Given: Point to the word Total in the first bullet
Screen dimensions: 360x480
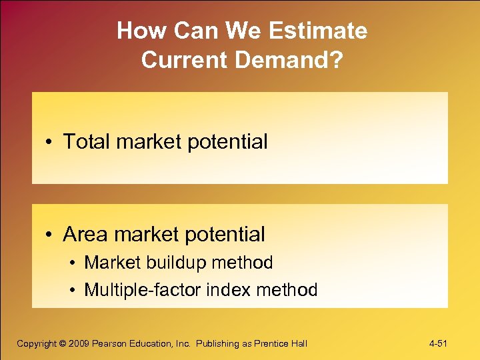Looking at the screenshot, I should click(x=85, y=141).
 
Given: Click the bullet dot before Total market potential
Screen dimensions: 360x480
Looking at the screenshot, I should click(x=50, y=142).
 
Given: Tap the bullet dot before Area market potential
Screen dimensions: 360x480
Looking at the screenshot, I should click(x=50, y=235).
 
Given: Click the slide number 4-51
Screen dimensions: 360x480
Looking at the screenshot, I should click(x=437, y=343).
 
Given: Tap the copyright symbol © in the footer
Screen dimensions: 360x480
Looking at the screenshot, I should click(x=63, y=343).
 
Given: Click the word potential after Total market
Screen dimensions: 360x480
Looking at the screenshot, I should click(x=227, y=142).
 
